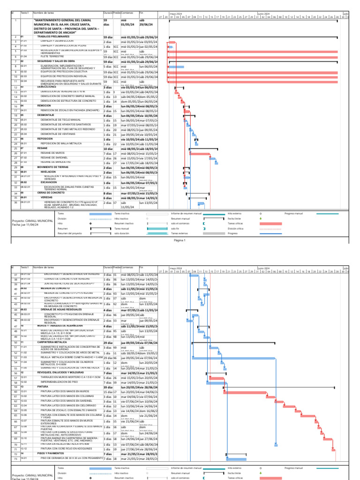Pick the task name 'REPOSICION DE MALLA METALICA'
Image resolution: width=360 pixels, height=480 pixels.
[x=61, y=144]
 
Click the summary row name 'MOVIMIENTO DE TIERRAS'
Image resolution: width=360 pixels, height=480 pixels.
[x=53, y=167]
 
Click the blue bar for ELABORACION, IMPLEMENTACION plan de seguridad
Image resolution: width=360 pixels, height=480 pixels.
[x=176, y=67]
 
